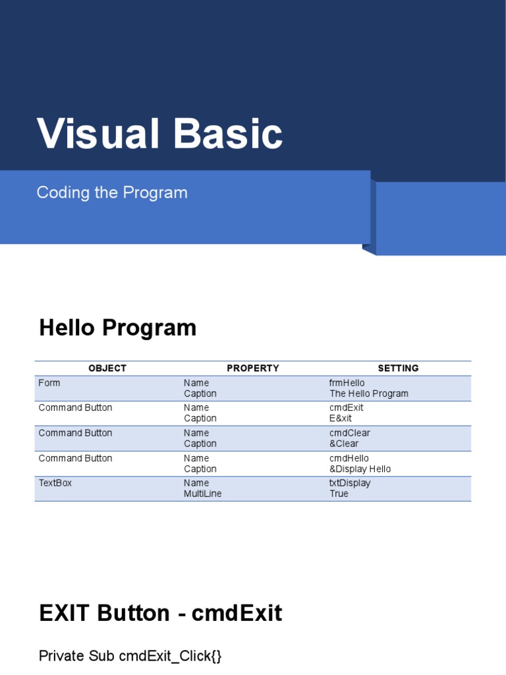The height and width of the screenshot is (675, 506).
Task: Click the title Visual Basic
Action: tap(160, 134)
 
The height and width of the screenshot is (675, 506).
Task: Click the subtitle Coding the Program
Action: tap(112, 192)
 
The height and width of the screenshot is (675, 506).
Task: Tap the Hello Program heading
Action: tap(118, 328)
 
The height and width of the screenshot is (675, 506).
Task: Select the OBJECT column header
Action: tap(107, 368)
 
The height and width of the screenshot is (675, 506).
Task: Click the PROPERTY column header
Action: tap(253, 368)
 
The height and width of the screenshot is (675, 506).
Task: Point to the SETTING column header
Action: tap(398, 368)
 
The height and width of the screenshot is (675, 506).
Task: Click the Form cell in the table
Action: tap(49, 383)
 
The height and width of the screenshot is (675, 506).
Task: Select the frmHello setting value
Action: tap(347, 383)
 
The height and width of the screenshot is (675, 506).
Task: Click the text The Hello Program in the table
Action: tap(369, 394)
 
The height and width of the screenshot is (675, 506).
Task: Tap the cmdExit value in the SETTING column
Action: tap(347, 407)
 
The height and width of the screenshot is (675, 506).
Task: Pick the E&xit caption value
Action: tap(341, 419)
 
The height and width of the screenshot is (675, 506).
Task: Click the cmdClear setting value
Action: tap(350, 433)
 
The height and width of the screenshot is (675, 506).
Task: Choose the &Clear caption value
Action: tap(344, 444)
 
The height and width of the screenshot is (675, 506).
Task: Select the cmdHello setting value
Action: tap(349, 458)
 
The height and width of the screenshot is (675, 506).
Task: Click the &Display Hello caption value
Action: tap(360, 469)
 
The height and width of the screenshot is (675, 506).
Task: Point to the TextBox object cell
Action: tap(55, 483)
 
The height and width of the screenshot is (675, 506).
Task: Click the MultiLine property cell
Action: tap(203, 494)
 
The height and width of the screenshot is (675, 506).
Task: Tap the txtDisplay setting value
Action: tap(350, 483)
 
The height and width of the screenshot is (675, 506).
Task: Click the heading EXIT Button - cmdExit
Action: tap(161, 614)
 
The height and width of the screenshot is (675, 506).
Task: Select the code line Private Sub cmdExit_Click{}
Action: tap(130, 656)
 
